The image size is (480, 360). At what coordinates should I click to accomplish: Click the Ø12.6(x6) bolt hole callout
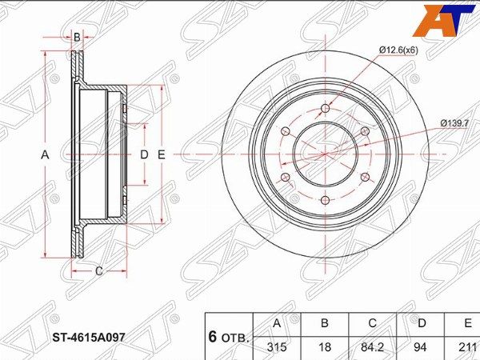398,50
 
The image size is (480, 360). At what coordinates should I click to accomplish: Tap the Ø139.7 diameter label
454,123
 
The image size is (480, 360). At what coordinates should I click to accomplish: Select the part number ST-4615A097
89,338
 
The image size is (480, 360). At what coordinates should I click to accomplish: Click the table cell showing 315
277,347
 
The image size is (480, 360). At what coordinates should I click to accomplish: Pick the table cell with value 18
325,347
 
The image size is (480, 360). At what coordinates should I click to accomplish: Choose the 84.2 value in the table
372,347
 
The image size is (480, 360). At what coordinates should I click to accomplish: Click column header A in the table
277,323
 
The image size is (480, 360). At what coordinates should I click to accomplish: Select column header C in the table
372,323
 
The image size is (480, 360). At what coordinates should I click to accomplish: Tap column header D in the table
422,323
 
